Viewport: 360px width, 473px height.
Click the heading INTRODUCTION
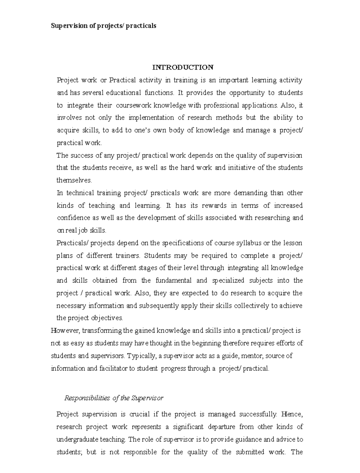click(183, 67)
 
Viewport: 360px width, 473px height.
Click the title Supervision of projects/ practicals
click(103, 25)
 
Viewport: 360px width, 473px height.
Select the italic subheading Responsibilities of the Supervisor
click(114, 398)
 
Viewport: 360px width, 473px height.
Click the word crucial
click(139, 414)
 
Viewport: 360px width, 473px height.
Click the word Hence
click(293, 414)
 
